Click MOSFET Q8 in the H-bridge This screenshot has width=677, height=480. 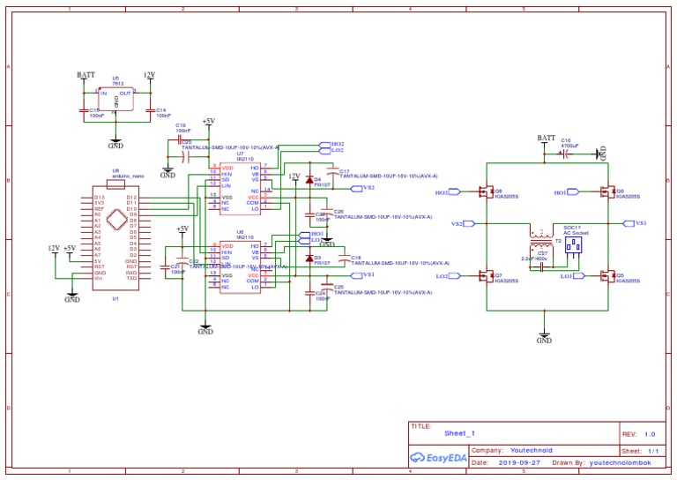[x=485, y=191]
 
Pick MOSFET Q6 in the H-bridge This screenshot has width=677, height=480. [x=606, y=191]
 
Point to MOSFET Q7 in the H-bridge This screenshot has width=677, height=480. [x=485, y=276]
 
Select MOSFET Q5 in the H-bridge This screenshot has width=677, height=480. [x=606, y=276]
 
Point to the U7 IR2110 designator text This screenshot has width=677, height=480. [x=240, y=154]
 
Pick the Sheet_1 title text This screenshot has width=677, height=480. [x=459, y=434]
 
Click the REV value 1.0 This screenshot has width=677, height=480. [x=650, y=434]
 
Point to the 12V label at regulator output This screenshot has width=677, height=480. [x=149, y=76]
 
